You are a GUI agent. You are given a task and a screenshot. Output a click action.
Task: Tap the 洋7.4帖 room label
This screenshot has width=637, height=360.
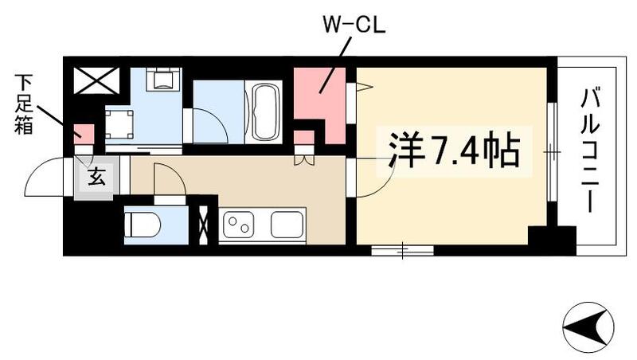point(455,149)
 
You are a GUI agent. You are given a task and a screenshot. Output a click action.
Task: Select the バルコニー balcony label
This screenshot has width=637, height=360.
point(592,151)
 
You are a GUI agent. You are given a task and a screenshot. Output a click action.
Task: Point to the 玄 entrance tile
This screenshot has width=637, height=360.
point(96,177)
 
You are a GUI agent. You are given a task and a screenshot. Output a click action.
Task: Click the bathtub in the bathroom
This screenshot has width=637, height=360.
point(264,113)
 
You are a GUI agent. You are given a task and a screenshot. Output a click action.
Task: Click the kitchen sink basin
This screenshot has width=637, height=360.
point(287,225)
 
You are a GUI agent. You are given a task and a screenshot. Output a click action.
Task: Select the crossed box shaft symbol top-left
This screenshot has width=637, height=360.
point(96,80)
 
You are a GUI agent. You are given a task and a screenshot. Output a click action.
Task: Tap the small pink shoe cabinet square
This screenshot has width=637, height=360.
point(84,135)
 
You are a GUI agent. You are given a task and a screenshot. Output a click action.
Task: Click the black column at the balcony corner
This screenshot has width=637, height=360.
point(551,240)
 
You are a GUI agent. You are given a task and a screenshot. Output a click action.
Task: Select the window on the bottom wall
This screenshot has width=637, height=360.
point(402,251)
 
